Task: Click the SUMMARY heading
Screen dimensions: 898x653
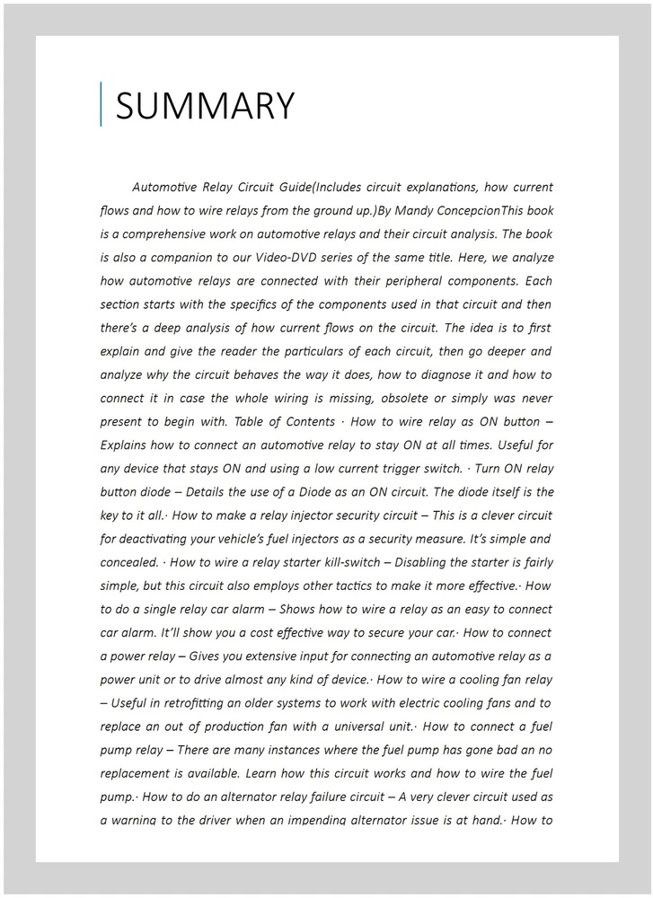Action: click(205, 106)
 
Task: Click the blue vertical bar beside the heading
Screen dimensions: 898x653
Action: click(101, 104)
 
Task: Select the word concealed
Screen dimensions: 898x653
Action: click(128, 562)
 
